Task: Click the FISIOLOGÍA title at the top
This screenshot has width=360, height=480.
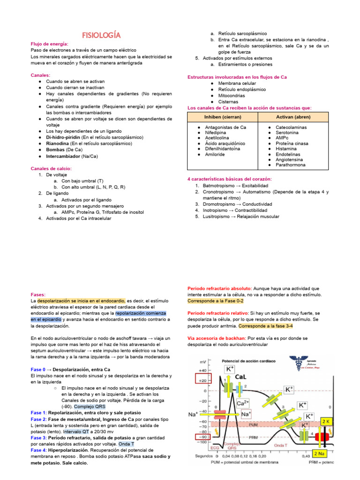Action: pyautogui.click(x=102, y=35)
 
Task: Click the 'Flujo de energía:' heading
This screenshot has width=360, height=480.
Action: pyautogui.click(x=50, y=44)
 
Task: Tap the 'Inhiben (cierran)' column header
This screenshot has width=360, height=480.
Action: pyautogui.click(x=223, y=116)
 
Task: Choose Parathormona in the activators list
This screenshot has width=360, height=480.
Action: pyautogui.click(x=291, y=165)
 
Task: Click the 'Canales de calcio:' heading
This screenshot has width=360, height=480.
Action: pyautogui.click(x=51, y=168)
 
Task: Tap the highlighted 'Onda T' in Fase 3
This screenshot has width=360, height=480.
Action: pyautogui.click(x=127, y=443)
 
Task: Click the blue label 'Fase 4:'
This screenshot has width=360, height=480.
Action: pyautogui.click(x=39, y=450)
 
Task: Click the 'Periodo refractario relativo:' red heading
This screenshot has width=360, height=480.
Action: pyautogui.click(x=218, y=313)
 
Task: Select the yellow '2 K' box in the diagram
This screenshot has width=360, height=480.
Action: pyautogui.click(x=326, y=421)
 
